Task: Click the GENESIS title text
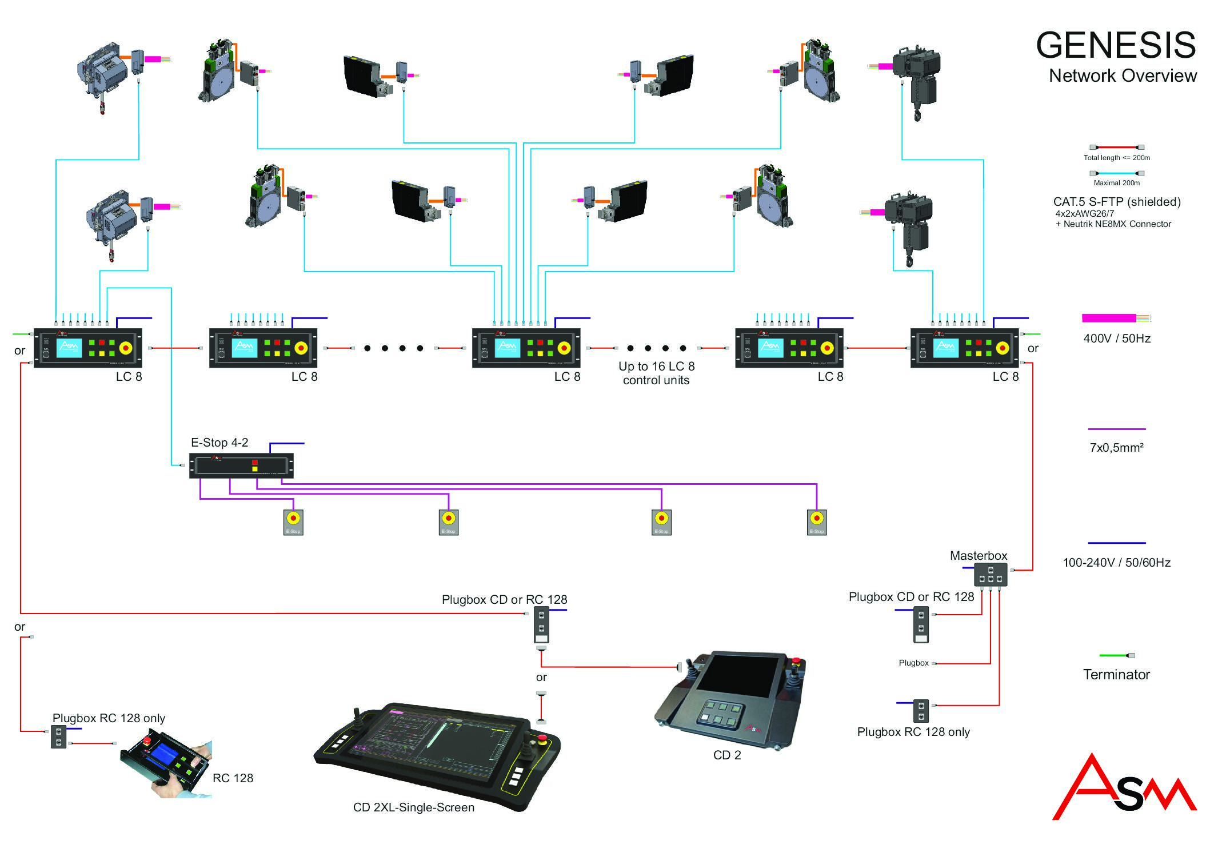point(1115,46)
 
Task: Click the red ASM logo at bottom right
point(1124,789)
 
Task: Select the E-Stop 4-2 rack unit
point(241,465)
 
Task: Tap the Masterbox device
point(990,575)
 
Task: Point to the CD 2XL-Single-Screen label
point(413,807)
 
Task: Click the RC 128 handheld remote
point(166,763)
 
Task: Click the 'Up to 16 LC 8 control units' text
point(656,373)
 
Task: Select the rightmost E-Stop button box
point(817,522)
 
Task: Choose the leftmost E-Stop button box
point(293,522)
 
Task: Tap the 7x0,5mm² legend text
point(1116,448)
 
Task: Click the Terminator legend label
point(1116,675)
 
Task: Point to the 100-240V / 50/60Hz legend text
point(1116,563)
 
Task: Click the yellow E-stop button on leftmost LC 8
point(125,348)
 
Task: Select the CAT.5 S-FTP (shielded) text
point(1116,202)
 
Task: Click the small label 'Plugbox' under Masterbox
point(913,663)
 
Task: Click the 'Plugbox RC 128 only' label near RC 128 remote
point(109,718)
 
